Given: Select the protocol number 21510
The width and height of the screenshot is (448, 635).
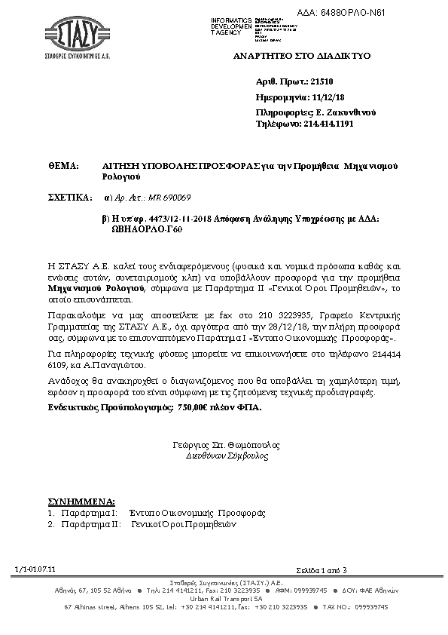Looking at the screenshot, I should (x=321, y=79).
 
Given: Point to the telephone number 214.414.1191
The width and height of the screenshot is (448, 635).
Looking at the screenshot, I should (x=327, y=124).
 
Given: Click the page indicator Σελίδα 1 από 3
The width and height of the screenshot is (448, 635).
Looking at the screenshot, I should (x=322, y=569).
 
